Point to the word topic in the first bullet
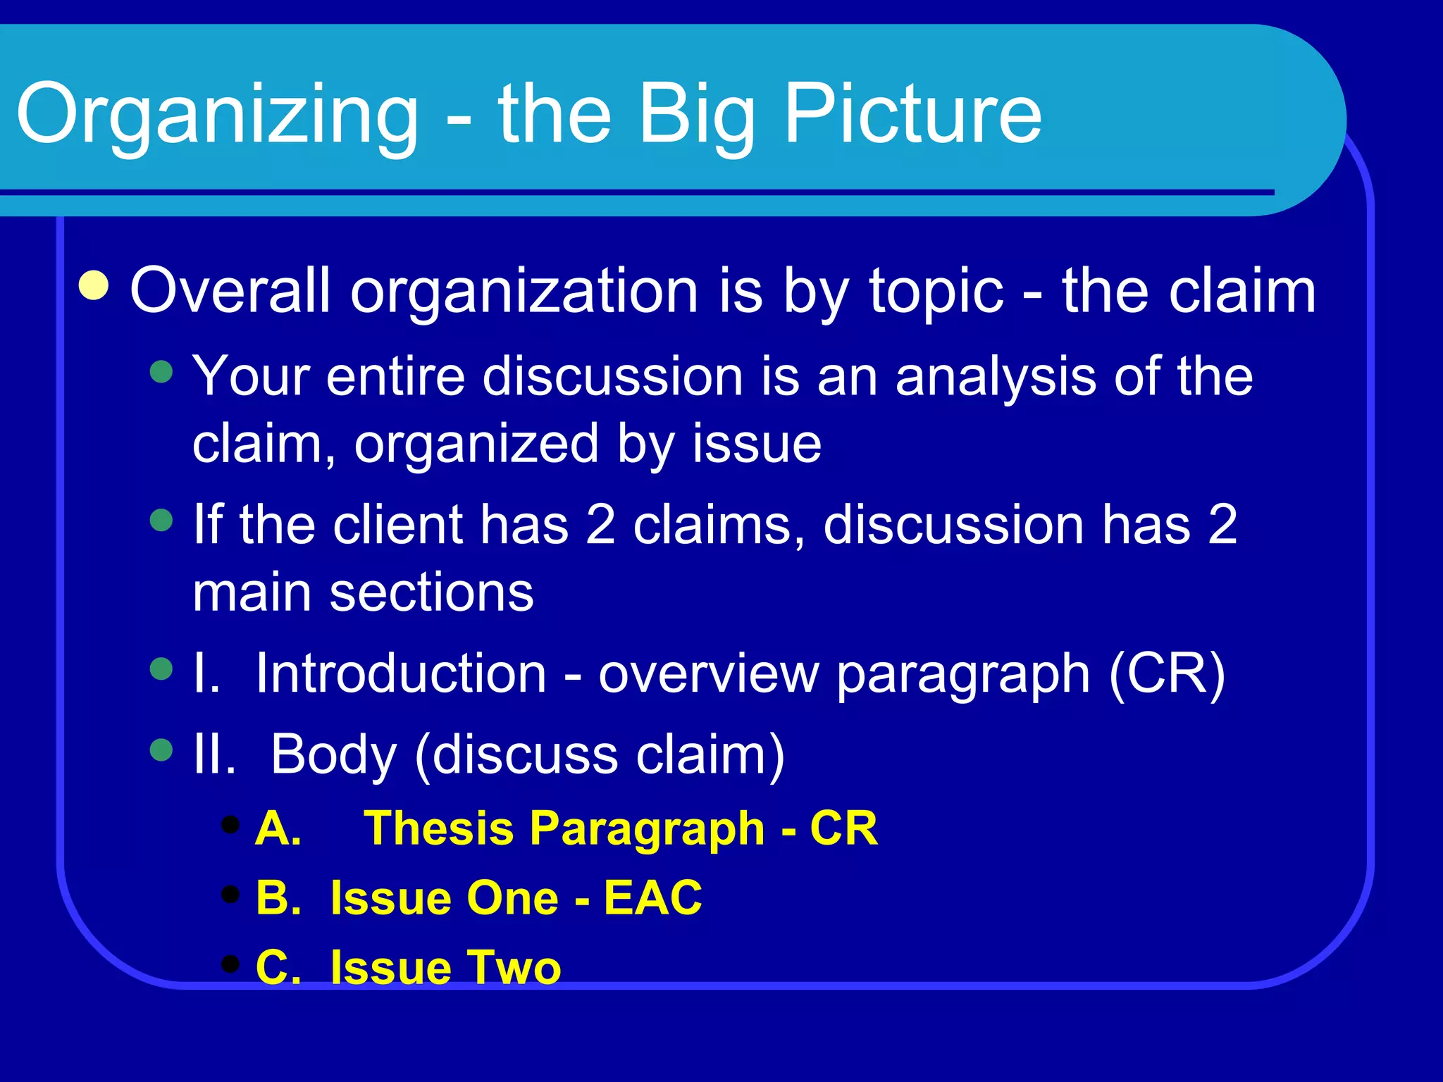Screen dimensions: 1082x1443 click(936, 292)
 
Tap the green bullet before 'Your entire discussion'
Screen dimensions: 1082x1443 click(161, 371)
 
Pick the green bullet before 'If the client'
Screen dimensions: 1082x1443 click(161, 521)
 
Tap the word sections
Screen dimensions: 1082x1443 click(431, 593)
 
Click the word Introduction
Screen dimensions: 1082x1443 click(401, 673)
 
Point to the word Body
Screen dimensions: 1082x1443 click(333, 755)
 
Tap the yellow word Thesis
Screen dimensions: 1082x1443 click(438, 828)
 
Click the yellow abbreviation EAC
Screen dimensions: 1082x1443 click(652, 898)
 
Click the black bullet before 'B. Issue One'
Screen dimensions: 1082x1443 click(230, 894)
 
